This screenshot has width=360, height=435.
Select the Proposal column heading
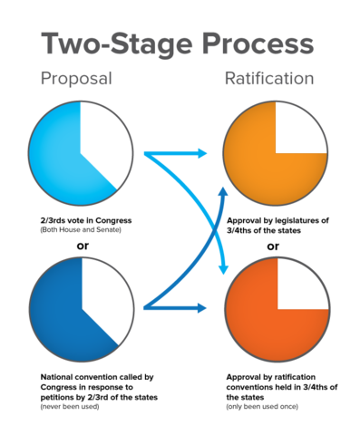pyautogui.click(x=76, y=79)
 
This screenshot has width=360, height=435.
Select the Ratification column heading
pyautogui.click(x=269, y=79)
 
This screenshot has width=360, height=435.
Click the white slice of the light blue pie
pyautogui.click(x=102, y=136)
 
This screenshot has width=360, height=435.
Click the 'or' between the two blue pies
pyautogui.click(x=80, y=244)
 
